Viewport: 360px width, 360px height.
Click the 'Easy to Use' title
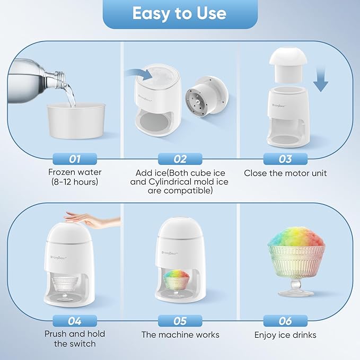coord(179,14)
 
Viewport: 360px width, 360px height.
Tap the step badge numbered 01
coord(74,159)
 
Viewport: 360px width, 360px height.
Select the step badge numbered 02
coord(180,159)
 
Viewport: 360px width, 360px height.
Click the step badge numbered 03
coord(285,159)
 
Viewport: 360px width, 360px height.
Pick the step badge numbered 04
coord(74,320)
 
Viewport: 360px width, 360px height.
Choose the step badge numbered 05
coord(180,320)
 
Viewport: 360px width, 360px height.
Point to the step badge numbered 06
coord(285,320)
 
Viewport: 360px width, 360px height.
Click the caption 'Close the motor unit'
coord(285,173)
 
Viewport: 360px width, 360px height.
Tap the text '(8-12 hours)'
coord(74,182)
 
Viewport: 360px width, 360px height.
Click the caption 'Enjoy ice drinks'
coord(285,335)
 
